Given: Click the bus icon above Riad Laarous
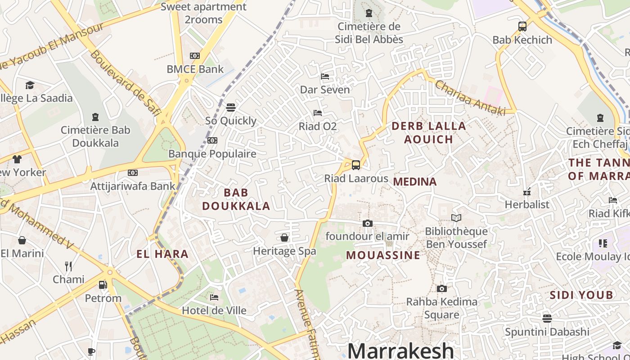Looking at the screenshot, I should [356, 165].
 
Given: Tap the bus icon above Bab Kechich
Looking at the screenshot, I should [522, 27].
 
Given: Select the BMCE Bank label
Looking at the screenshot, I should [195, 69].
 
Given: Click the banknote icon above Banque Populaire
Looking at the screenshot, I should [212, 140].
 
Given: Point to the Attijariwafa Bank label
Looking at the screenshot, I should [133, 186].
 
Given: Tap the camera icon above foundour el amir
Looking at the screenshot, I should [368, 223].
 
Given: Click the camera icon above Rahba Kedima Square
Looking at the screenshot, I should [442, 288].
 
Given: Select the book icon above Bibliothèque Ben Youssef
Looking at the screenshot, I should [456, 218].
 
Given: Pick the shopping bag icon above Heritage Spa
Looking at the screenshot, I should [284, 238].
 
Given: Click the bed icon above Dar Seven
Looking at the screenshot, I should [325, 76].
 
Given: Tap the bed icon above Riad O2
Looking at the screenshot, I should [318, 113].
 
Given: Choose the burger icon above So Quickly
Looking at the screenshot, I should [231, 108].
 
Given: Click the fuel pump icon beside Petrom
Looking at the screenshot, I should [103, 285].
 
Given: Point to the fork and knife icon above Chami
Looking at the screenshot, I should [68, 266].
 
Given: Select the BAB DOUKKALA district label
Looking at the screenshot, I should [236, 199].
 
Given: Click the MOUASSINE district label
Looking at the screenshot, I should [383, 255].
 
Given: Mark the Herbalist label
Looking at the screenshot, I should [527, 204].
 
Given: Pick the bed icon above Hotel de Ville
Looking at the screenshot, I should [214, 297].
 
